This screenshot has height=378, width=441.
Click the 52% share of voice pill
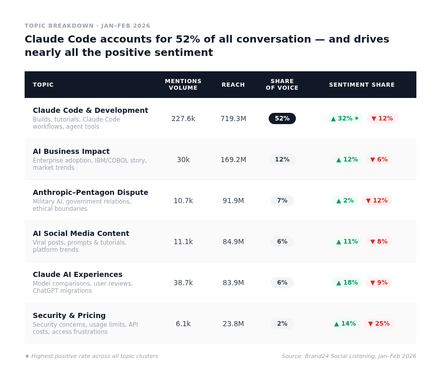pos(282,118)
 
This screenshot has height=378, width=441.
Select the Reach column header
pos(233,85)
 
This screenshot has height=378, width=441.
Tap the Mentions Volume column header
pos(183,85)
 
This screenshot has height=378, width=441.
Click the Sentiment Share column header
pos(362,85)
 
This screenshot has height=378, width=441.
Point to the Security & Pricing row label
pos(69,315)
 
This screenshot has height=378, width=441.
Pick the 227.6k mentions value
pos(183,118)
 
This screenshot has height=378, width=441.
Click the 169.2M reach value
pos(233,160)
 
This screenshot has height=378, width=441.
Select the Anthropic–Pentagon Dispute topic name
pos(90,192)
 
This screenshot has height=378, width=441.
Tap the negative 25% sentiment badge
pos(379,324)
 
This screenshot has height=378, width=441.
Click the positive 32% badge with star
pos(345,118)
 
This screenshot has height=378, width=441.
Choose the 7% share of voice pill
pos(282,201)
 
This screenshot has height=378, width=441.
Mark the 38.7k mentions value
pos(183,283)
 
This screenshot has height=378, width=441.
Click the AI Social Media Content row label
pos(81,233)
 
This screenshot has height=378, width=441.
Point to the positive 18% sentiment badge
pos(347,283)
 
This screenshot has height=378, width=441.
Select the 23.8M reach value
pos(233,324)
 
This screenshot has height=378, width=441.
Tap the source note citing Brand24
pos(349,356)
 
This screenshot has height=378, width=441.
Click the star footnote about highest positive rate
pos(91,356)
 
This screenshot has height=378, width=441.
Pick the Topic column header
pos(43,85)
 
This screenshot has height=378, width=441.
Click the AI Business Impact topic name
pos(71,151)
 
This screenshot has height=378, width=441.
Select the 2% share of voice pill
pos(282,324)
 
